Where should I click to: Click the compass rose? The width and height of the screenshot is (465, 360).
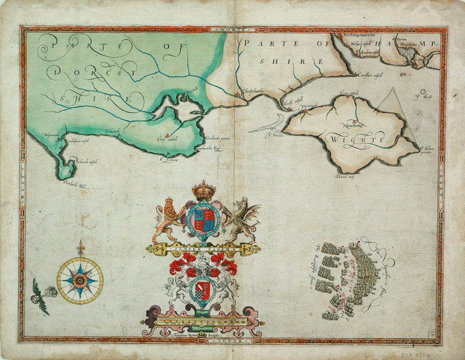(80, 280)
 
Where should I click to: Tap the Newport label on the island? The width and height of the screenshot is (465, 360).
(354, 125)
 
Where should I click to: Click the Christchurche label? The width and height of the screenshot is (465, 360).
(252, 91)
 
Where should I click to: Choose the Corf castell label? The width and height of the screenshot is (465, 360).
(167, 140)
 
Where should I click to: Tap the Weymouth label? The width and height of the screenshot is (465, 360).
(51, 135)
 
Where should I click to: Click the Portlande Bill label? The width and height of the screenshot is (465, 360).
(75, 185)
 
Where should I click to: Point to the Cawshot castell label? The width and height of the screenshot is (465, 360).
(370, 75)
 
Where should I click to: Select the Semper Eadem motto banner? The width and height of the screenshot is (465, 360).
(203, 249)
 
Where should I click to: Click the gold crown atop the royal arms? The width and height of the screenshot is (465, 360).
(203, 191)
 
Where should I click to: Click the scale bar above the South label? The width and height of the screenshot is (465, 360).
(203, 321)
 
